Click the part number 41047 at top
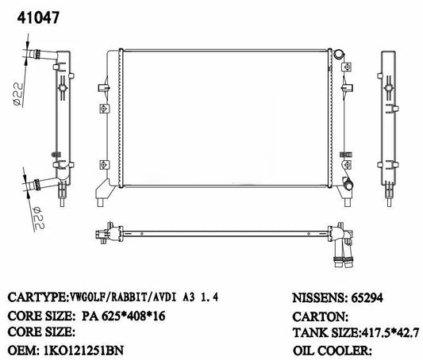pyautogui.click(x=38, y=17)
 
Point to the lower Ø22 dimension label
pyautogui.click(x=38, y=218)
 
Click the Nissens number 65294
pyautogui.click(x=367, y=298)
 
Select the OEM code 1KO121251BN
pyautogui.click(x=83, y=350)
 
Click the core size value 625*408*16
pyautogui.click(x=133, y=316)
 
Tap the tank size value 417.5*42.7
pyautogui.click(x=390, y=332)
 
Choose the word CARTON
pyautogui.click(x=320, y=316)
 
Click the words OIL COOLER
pyautogui.click(x=332, y=350)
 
